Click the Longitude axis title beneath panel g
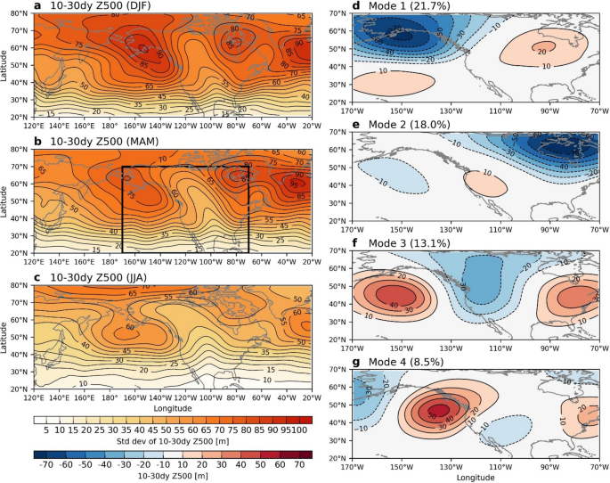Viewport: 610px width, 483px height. [x=474, y=478]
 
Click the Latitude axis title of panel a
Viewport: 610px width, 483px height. [x=7, y=68]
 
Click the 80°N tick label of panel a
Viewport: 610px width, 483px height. [x=21, y=13]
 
